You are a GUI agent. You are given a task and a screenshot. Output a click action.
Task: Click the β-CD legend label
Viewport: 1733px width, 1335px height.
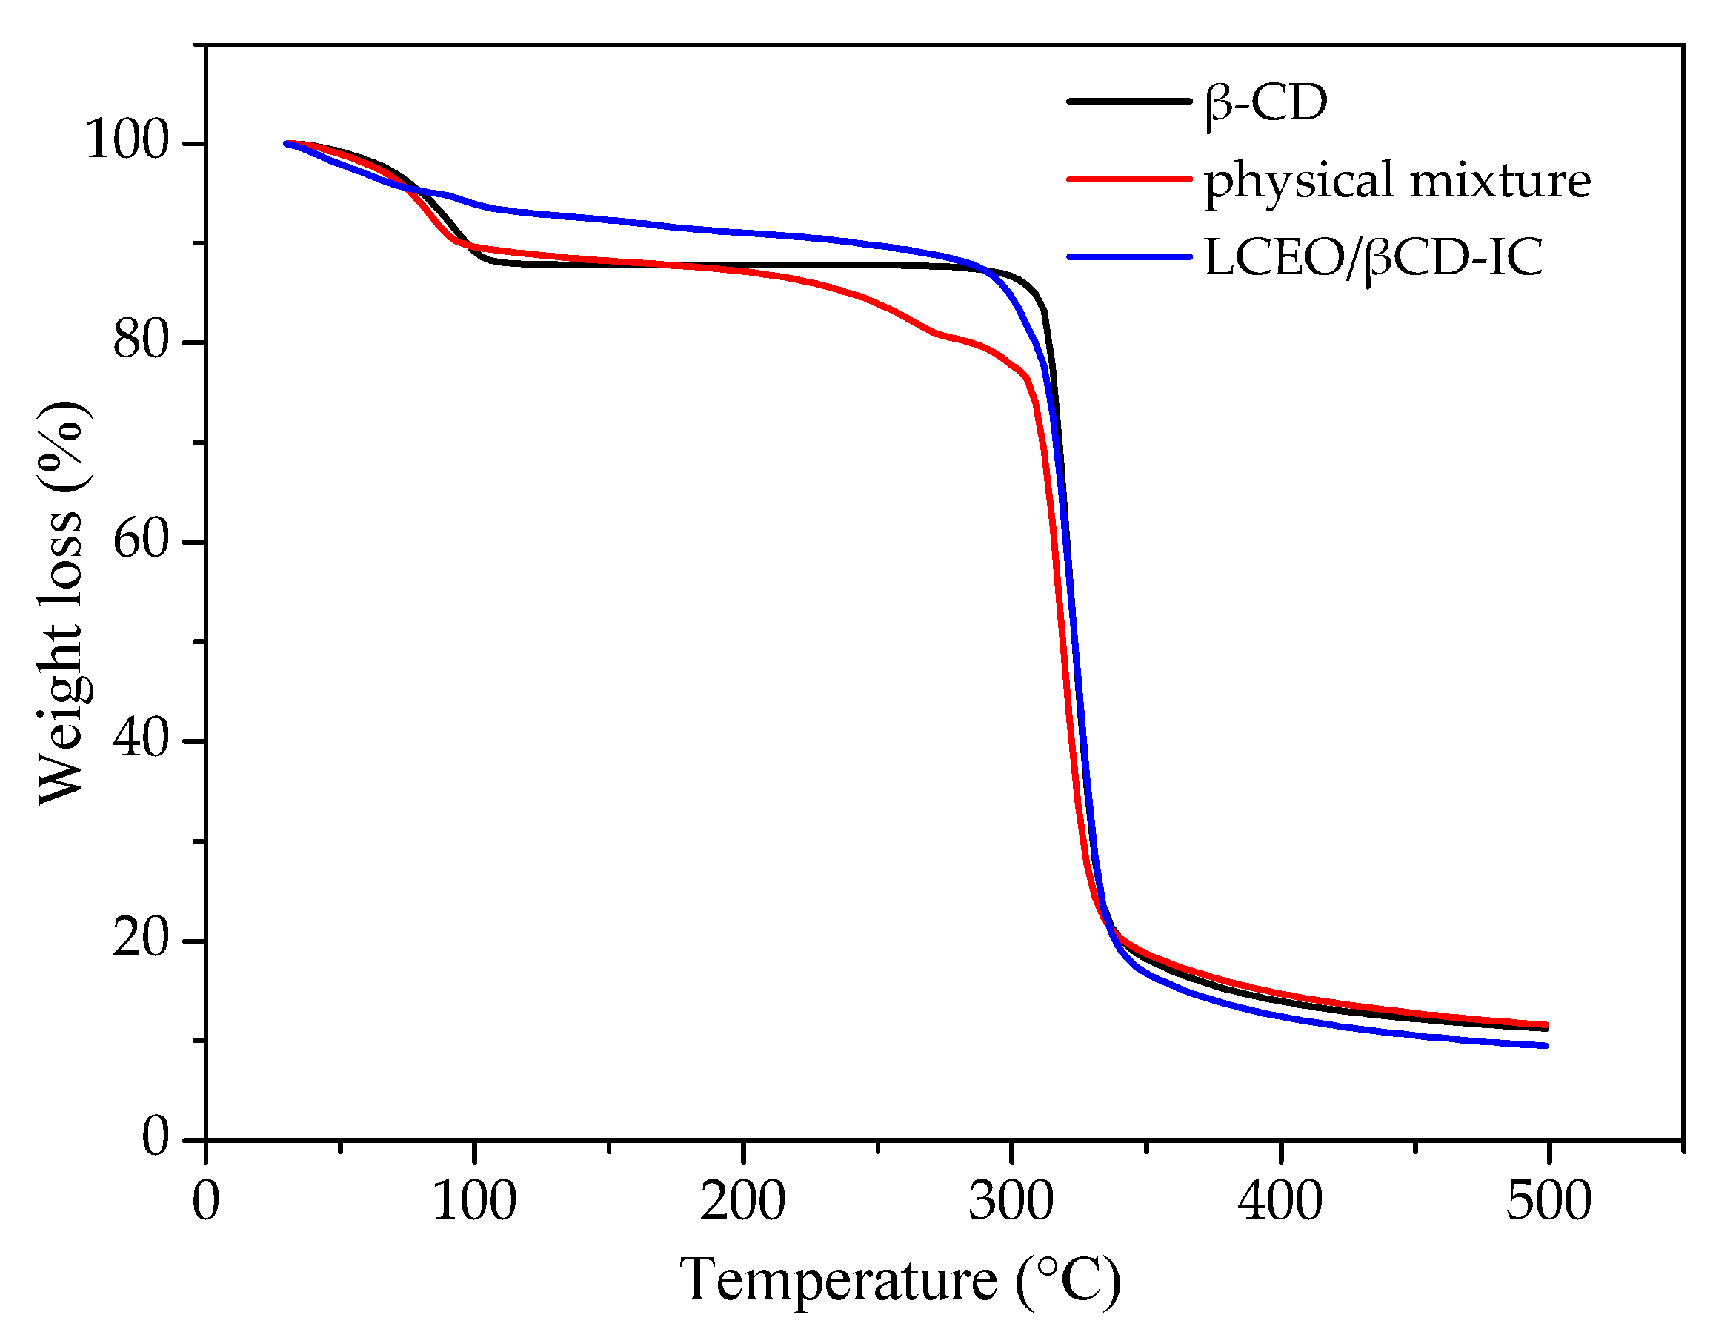pyautogui.click(x=1265, y=104)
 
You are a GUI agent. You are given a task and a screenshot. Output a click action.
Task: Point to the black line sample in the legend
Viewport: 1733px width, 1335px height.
pyautogui.click(x=1128, y=102)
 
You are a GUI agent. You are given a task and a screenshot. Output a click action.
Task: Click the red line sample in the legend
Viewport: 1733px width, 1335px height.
pyautogui.click(x=1128, y=179)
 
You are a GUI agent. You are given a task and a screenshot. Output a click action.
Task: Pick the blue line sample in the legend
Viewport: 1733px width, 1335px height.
pyautogui.click(x=1128, y=257)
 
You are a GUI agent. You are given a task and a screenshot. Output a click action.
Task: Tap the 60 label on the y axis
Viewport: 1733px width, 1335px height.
pyautogui.click(x=142, y=540)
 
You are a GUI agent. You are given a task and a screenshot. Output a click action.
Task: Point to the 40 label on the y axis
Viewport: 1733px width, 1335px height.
pyautogui.click(x=142, y=740)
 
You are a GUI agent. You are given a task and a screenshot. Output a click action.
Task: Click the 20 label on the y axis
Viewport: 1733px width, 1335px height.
pyautogui.click(x=142, y=940)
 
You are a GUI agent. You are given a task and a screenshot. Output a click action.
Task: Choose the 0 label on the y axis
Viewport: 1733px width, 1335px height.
pyautogui.click(x=156, y=1137)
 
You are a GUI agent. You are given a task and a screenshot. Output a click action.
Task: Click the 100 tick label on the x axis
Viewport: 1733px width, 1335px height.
pyautogui.click(x=473, y=1202)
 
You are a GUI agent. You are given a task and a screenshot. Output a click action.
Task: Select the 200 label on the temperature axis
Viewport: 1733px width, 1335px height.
pyautogui.click(x=742, y=1202)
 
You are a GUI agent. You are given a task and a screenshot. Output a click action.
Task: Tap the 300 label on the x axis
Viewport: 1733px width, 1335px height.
pyautogui.click(x=1011, y=1202)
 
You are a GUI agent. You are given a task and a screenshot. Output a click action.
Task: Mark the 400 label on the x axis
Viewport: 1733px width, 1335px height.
pyautogui.click(x=1280, y=1202)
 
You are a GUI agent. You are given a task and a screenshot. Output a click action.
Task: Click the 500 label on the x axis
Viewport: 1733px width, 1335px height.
pyautogui.click(x=1548, y=1202)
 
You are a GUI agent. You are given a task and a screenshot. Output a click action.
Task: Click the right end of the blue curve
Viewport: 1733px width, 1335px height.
pyautogui.click(x=1545, y=1045)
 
